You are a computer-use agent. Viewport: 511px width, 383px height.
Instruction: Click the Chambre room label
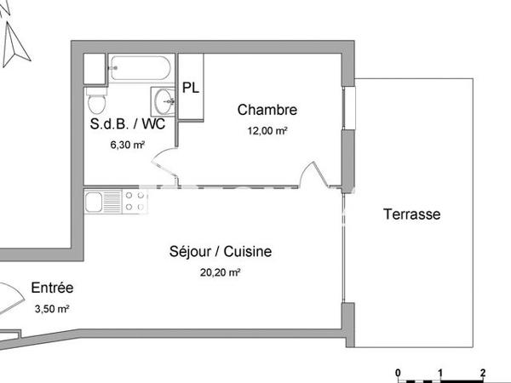[x=267, y=110]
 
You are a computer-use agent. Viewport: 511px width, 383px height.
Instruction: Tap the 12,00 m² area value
[x=267, y=131]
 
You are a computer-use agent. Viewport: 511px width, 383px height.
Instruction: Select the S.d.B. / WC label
[x=128, y=123]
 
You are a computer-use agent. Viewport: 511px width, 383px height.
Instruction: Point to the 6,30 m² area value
[x=128, y=145]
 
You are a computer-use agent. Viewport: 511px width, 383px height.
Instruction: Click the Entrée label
[x=52, y=288]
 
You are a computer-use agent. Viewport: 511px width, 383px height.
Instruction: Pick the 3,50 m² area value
[x=51, y=309]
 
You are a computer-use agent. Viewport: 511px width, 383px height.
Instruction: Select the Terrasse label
[x=411, y=214]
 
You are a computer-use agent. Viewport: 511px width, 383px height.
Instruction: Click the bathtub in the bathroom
[x=141, y=68]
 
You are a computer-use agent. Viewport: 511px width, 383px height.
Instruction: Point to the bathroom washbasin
[x=165, y=100]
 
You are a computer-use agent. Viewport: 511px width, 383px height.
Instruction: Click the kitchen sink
[x=102, y=202]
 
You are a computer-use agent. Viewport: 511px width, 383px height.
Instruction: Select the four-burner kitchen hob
[x=135, y=202]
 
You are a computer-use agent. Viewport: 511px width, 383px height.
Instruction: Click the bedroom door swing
[x=318, y=174]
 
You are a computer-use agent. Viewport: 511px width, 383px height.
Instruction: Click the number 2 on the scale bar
[x=483, y=373]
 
